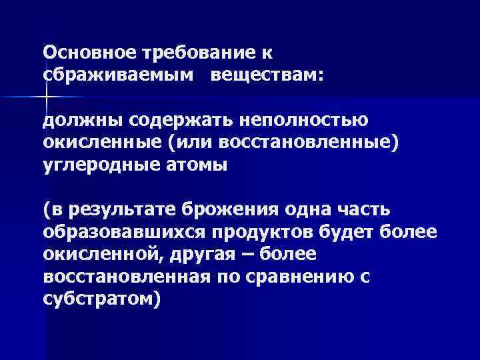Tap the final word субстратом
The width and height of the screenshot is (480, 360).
click(x=100, y=299)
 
